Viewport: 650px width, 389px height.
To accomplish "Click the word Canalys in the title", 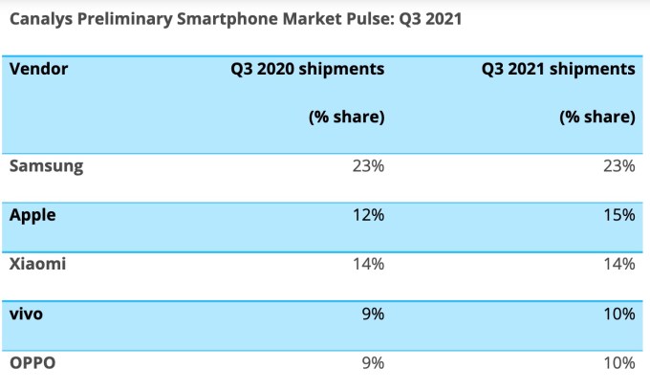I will pos(41,18).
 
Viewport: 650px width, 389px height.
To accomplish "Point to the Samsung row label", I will pos(46,166).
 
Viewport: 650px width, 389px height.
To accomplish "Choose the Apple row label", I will pos(32,216).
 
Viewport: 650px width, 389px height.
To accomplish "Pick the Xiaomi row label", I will pos(37,265).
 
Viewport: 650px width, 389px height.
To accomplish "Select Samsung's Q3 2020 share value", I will pos(368,166).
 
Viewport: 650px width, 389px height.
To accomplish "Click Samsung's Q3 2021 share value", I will pos(618,166).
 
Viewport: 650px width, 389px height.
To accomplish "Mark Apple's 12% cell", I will pos(368,216).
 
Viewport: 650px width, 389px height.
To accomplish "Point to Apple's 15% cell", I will pos(618,216).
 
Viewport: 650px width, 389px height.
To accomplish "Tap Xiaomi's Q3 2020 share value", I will pos(368,265).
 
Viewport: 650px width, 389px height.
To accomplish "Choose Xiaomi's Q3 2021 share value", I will pos(618,265).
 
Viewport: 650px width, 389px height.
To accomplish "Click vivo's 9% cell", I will pos(373,313).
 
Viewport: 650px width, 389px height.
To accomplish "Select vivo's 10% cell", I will pos(618,313).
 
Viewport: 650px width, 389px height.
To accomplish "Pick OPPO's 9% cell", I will pos(373,362).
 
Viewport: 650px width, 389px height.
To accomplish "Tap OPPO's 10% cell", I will pos(618,362).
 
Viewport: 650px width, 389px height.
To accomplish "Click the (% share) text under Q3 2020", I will pos(346,118).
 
